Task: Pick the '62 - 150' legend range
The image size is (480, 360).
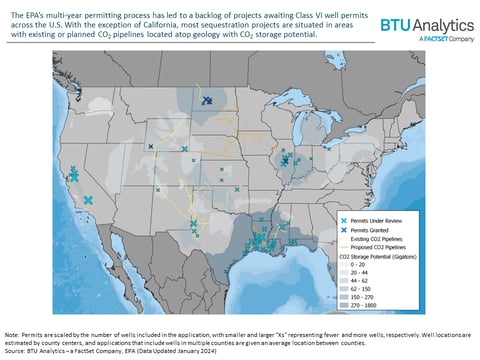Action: point(376,289)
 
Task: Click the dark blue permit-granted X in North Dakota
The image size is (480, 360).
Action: point(208,100)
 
